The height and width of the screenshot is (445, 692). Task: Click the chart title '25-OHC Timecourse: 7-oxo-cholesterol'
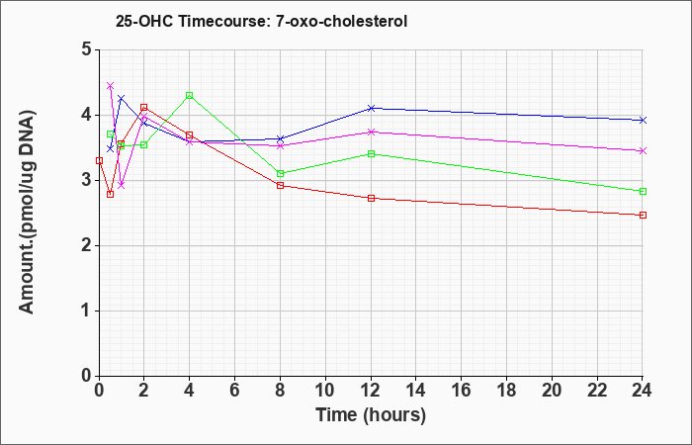click(261, 21)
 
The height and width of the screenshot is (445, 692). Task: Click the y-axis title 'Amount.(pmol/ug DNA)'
click(27, 213)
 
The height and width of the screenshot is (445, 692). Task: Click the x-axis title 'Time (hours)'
click(371, 415)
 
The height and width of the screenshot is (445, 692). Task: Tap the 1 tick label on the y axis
click(87, 311)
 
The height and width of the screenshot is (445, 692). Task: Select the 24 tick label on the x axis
click(642, 391)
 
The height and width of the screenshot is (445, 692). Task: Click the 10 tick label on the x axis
click(325, 391)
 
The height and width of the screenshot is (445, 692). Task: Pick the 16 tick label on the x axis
click(461, 391)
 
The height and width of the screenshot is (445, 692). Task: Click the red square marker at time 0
click(99, 160)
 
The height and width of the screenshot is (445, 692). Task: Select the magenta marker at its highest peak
click(111, 85)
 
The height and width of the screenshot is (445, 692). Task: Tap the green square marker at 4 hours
click(190, 95)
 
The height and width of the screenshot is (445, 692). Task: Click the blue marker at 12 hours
click(371, 108)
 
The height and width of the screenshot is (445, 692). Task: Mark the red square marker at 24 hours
click(643, 215)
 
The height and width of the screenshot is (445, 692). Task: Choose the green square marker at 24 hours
click(643, 191)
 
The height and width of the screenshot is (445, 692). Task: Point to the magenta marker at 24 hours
click(643, 151)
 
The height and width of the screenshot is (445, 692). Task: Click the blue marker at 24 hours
click(643, 120)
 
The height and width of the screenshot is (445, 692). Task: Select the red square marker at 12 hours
click(371, 198)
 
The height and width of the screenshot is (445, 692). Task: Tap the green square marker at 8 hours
click(280, 173)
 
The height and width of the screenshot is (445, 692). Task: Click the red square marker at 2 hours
click(144, 107)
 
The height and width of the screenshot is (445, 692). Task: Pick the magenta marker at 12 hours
click(371, 132)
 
